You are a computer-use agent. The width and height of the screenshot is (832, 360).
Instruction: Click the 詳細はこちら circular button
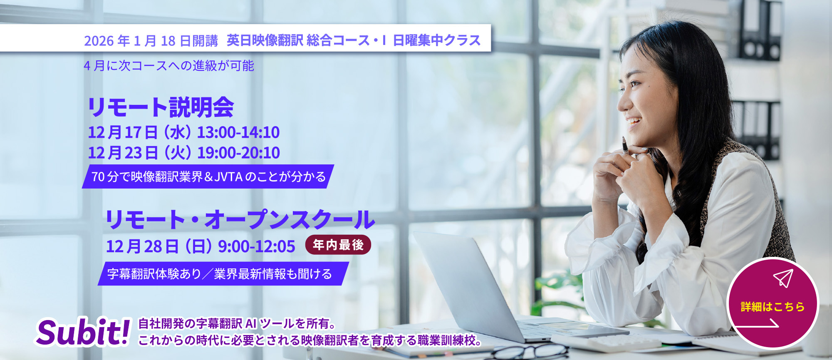pos(772,303)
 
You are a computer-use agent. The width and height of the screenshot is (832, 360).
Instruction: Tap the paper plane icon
pos(783,278)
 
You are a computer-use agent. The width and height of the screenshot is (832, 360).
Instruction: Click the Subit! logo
pos(83,332)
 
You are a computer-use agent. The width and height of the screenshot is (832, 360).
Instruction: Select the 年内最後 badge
pos(338,245)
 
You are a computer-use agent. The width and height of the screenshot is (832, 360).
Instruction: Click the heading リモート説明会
pos(161,107)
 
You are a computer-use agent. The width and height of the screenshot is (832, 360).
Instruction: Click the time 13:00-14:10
pos(238,132)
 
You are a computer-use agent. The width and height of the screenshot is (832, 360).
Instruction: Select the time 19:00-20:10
pos(238,153)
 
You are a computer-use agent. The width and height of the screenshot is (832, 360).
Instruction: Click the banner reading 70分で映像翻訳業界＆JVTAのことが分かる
pos(208,176)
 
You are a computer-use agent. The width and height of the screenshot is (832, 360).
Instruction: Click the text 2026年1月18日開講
pos(151,41)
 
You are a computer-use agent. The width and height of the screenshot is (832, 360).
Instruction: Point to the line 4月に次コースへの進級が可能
pos(169,66)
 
